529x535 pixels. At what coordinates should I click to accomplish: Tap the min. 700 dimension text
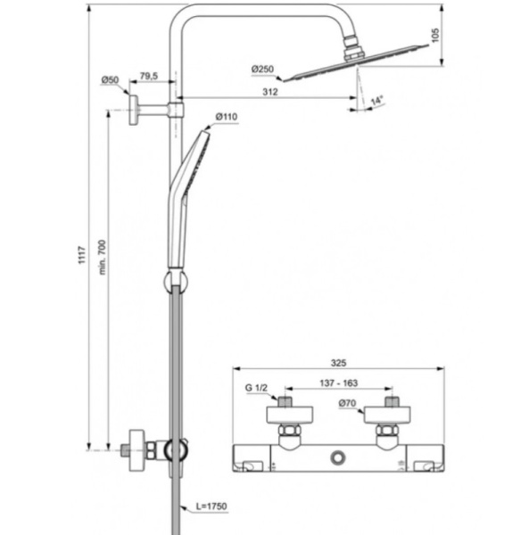[102, 258]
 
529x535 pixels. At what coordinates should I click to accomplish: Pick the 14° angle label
[376, 101]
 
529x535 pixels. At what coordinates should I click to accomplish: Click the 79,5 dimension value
[149, 78]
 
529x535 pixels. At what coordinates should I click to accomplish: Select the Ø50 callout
[110, 81]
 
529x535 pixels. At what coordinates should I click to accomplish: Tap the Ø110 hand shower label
[227, 117]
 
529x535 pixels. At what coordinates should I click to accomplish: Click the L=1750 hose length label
[212, 506]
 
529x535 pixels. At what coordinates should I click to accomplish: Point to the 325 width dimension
[338, 363]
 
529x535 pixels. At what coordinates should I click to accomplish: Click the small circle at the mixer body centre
[337, 457]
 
